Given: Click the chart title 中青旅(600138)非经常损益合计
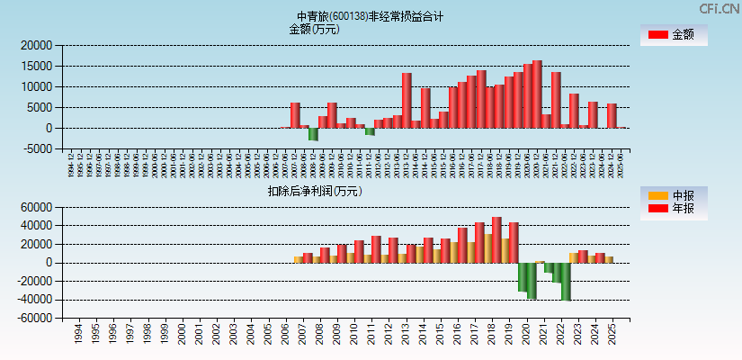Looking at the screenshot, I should (370, 16).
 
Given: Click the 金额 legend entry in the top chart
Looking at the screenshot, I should (674, 35).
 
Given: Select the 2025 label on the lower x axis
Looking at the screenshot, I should (612, 335).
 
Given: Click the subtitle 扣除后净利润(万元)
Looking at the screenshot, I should (314, 191).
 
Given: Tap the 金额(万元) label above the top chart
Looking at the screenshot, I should (314, 29).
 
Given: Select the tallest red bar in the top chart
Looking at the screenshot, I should (537, 94).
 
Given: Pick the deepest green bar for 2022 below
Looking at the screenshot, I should (566, 281).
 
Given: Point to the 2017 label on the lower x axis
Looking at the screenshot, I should (472, 335).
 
